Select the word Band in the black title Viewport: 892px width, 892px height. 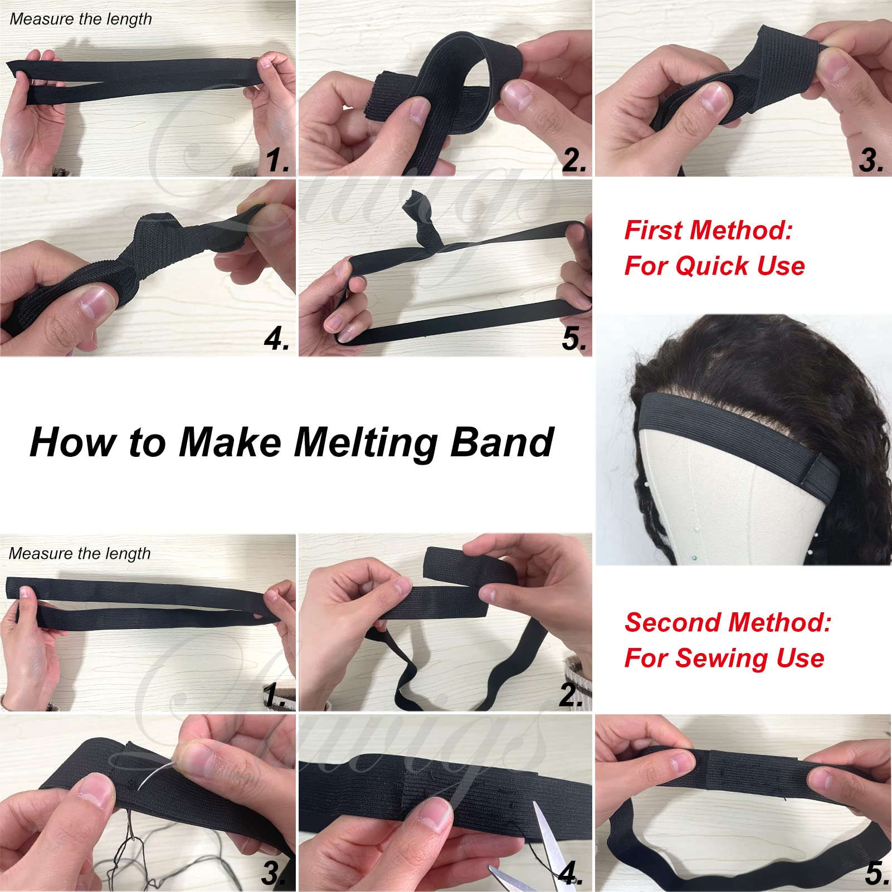[x=502, y=442]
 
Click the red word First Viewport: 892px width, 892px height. [x=656, y=230]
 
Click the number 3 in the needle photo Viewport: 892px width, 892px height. [x=274, y=873]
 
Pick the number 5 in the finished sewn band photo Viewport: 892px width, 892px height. [x=876, y=873]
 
